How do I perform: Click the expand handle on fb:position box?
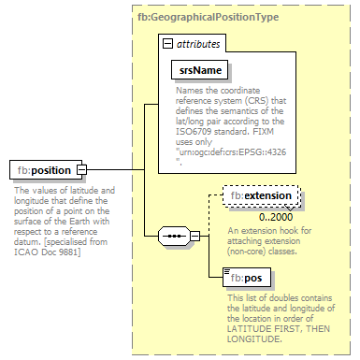(x=81, y=170)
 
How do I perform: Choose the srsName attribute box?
(x=200, y=69)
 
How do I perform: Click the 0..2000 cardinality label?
(x=263, y=216)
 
